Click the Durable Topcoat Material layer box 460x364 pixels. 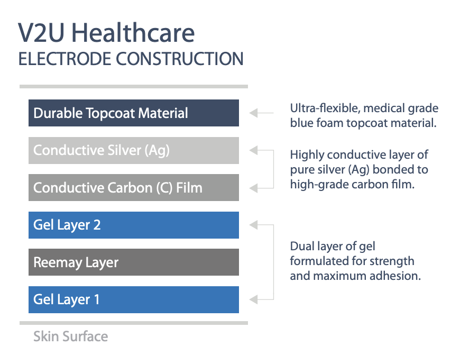click(x=134, y=113)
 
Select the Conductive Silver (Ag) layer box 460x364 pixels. click(x=134, y=150)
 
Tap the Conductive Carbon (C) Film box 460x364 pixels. click(x=134, y=188)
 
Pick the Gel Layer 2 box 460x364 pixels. click(x=134, y=225)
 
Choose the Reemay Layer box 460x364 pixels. click(x=134, y=262)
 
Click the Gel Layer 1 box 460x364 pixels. click(x=134, y=299)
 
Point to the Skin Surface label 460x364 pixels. click(x=71, y=336)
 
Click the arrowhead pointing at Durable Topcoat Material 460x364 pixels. click(x=253, y=113)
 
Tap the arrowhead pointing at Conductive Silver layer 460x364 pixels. click(x=253, y=150)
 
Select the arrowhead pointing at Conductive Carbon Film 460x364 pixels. click(x=253, y=188)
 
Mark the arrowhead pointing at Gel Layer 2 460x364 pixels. click(x=253, y=225)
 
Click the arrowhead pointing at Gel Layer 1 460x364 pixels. click(x=253, y=299)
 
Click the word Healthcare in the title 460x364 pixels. click(x=133, y=33)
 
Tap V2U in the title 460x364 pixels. click(x=41, y=33)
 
